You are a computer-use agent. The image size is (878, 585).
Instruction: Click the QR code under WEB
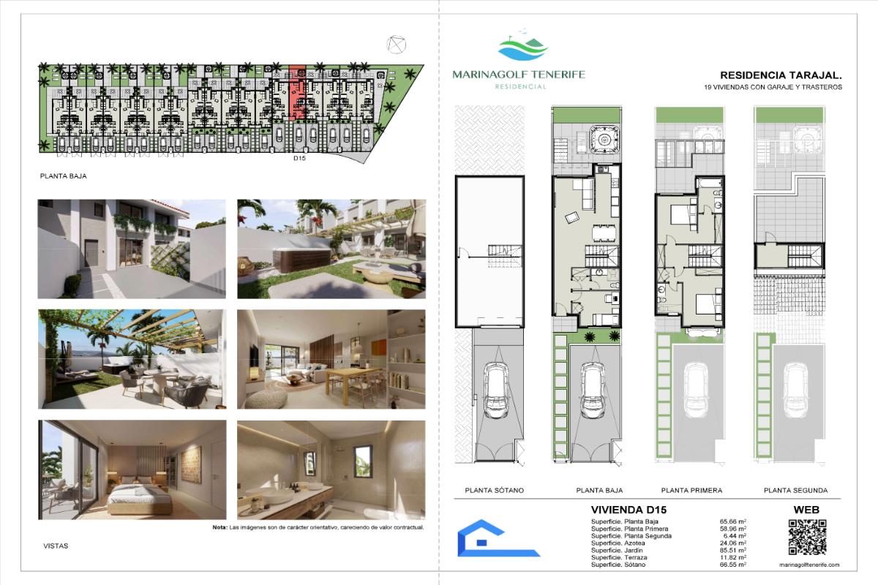pyautogui.click(x=808, y=537)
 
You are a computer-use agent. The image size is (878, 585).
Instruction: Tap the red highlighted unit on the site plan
pyautogui.click(x=298, y=92)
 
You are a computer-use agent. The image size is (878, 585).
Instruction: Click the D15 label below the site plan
pyautogui.click(x=299, y=158)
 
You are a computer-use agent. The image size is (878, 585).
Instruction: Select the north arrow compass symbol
pyautogui.click(x=396, y=45)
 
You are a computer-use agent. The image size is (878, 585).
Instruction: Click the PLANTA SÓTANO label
pyautogui.click(x=495, y=490)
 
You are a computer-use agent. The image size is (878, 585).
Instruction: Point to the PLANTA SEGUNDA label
pyautogui.click(x=796, y=490)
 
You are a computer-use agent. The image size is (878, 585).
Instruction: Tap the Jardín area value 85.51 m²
pyautogui.click(x=732, y=550)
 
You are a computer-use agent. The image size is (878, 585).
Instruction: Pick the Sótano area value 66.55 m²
pyautogui.click(x=732, y=565)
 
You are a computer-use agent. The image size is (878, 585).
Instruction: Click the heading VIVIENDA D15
pyautogui.click(x=629, y=510)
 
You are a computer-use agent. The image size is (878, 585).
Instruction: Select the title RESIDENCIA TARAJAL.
pyautogui.click(x=781, y=75)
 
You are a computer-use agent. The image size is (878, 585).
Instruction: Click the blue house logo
pyautogui.click(x=498, y=538)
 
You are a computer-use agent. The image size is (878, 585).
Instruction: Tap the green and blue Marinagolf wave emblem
pyautogui.click(x=523, y=46)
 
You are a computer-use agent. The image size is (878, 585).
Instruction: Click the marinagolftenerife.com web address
pyautogui.click(x=809, y=565)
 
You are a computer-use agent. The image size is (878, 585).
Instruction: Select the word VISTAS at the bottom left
pyautogui.click(x=56, y=546)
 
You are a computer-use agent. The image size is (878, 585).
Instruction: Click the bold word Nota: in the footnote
pyautogui.click(x=219, y=527)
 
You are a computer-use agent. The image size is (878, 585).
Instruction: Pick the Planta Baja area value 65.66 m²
pyautogui.click(x=732, y=521)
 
